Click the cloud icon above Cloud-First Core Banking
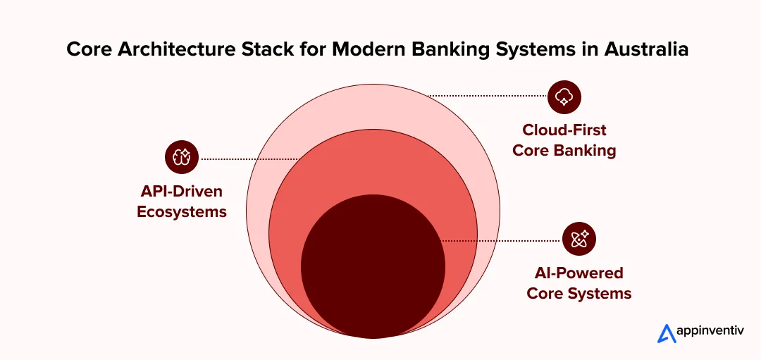(564, 97)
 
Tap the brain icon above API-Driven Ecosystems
(182, 157)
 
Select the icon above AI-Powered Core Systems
(579, 239)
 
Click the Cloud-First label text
(564, 130)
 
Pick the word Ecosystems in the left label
(182, 211)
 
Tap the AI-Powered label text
(579, 273)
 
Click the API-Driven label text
(182, 192)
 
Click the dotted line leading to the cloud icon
(486, 96)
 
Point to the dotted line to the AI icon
(500, 241)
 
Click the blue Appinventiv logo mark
(665, 333)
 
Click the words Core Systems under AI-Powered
(579, 293)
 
